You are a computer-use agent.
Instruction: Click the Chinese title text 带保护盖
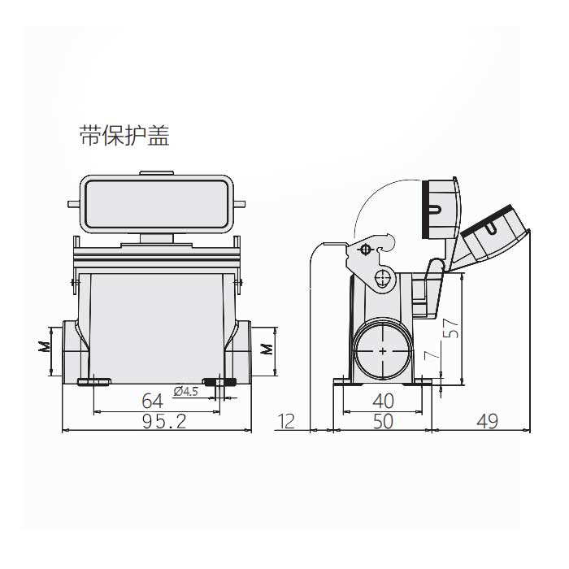coord(124,135)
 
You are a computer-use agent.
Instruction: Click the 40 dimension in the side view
coord(382,401)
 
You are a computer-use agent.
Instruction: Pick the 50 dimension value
coord(382,421)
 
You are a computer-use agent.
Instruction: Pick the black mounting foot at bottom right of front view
coord(219,381)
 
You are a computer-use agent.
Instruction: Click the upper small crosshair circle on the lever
coord(365,249)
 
